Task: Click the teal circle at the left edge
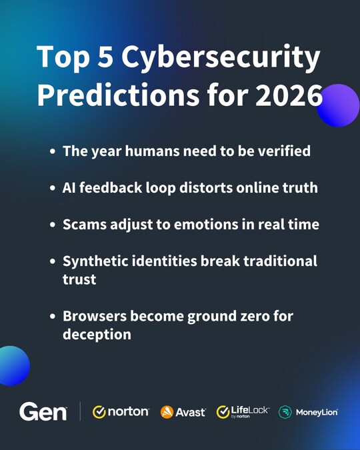pyautogui.click(x=11, y=365)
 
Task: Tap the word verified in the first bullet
pyautogui.click(x=282, y=151)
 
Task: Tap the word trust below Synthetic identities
pyautogui.click(x=79, y=279)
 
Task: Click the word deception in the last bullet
pyautogui.click(x=97, y=335)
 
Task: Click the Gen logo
pyautogui.click(x=43, y=412)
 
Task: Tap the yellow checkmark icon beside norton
pyautogui.click(x=99, y=412)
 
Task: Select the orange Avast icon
pyautogui.click(x=167, y=412)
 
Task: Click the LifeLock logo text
pyautogui.click(x=250, y=411)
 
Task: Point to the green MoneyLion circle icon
pyautogui.click(x=285, y=412)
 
